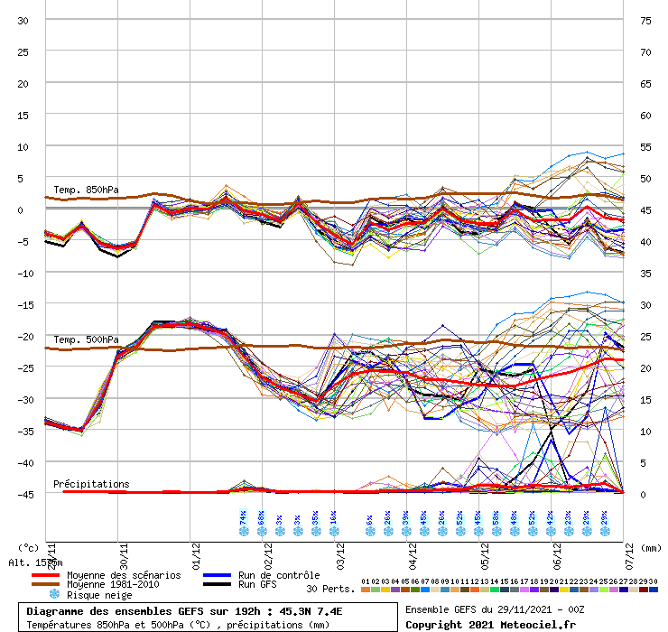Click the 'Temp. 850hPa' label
pos(86,190)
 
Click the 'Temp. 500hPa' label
pos(86,339)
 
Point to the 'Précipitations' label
pos(91,484)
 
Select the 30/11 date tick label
pos(122,547)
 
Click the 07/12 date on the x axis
pos(630,547)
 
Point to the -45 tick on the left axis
pos(23,494)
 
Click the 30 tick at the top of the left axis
pos(24,21)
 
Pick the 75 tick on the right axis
pos(645,21)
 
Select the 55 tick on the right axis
pos(645,146)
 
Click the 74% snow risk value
pos(244,517)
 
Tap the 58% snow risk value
pos(496,517)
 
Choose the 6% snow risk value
pos(370,517)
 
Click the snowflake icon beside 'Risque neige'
pos(53,594)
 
